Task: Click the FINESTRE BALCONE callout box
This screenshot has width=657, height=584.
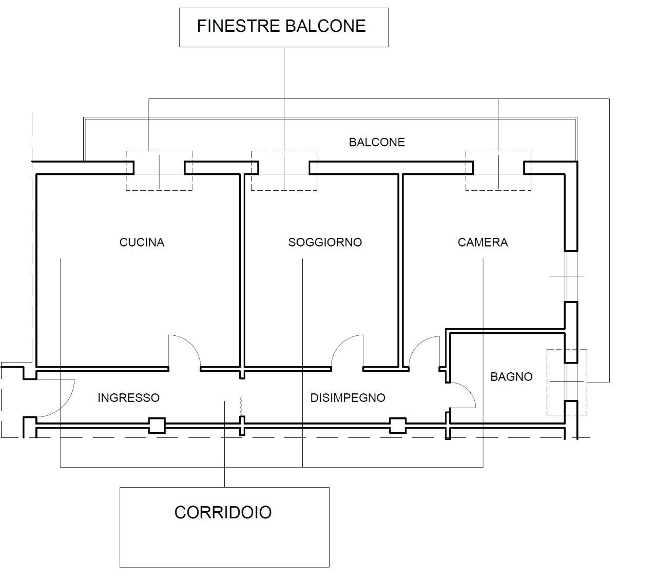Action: coord(283,27)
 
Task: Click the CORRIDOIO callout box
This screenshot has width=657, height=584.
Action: coord(224,527)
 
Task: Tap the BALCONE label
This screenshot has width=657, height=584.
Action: coord(377,142)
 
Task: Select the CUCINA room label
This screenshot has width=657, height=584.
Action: coord(142,242)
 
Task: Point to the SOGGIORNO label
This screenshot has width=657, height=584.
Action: coord(325,242)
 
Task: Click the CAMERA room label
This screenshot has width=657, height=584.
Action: coord(482,242)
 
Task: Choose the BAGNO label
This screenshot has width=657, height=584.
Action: coord(511,377)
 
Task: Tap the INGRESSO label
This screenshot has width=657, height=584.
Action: coord(128,397)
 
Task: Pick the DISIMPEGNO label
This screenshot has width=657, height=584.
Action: coord(347,397)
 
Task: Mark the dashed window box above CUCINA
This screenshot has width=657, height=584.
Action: coord(159,171)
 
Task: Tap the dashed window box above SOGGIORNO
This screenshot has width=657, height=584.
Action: coord(283,171)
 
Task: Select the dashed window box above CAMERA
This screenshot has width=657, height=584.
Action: coord(498,171)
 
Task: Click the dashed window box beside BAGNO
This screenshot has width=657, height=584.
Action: coord(567,382)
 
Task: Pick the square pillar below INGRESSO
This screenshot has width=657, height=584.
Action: coord(157,426)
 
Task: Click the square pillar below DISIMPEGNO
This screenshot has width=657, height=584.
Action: coord(397,426)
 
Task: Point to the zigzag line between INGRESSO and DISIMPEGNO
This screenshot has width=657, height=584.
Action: coord(241,406)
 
